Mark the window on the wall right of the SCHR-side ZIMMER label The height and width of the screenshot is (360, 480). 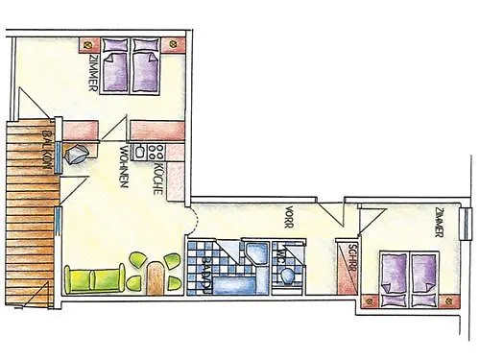467,222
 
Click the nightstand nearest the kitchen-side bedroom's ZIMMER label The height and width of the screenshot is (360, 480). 88,44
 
